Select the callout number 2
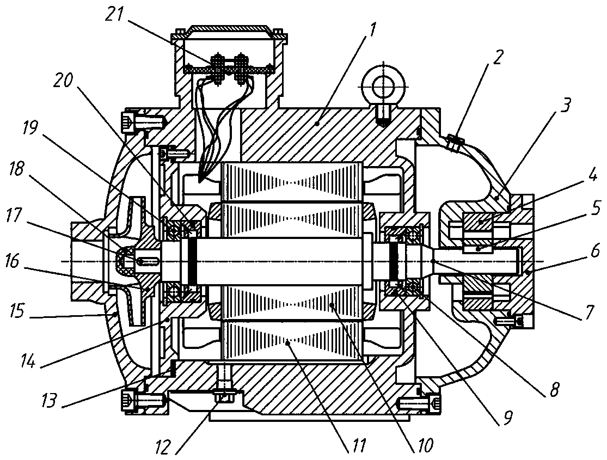tap(498, 58)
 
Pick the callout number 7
tap(590, 311)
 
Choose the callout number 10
tap(425, 446)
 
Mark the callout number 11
tap(357, 446)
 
